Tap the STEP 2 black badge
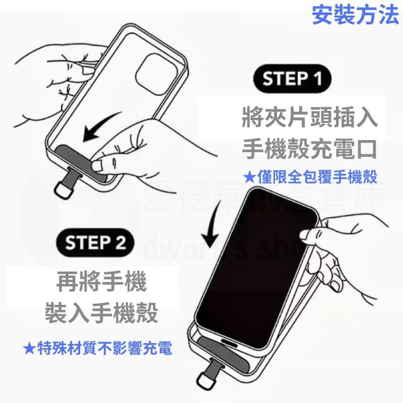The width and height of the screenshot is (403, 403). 96,243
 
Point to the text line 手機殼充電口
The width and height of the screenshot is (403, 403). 309,149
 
